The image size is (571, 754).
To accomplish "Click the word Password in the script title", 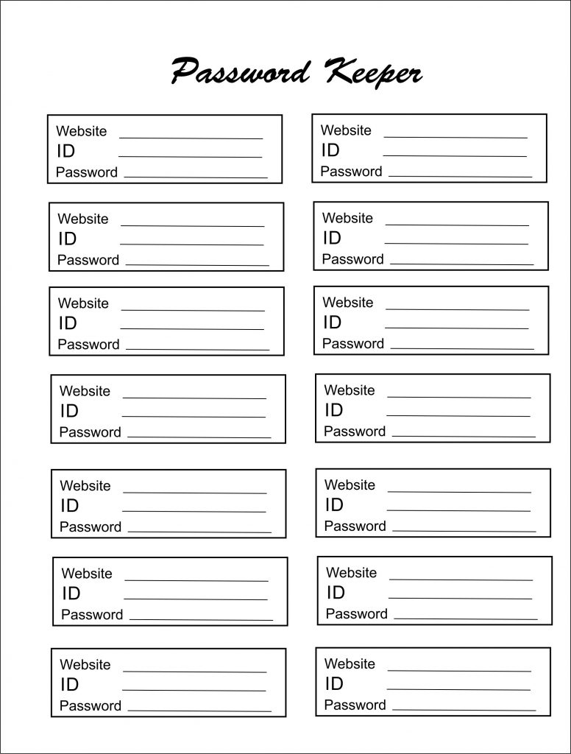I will tap(239, 71).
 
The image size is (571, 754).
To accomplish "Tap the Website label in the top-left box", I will tap(82, 131).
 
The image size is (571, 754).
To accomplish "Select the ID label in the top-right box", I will tap(330, 150).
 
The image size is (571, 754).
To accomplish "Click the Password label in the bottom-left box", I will tap(91, 705).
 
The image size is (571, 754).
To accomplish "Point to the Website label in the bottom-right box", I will tap(350, 663).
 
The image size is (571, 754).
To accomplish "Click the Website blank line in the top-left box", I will tap(191, 138).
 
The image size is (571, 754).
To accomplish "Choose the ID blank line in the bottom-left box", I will tap(194, 690).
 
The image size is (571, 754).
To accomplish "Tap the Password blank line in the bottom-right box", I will tap(464, 711).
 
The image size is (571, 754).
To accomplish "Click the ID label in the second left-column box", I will tap(68, 239).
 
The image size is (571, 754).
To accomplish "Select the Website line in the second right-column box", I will tap(457, 225).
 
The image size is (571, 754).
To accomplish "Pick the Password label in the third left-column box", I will tap(88, 344).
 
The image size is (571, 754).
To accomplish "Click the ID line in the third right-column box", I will tap(457, 328).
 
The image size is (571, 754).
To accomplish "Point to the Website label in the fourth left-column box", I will tap(85, 391).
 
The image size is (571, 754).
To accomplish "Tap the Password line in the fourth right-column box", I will tap(464, 437).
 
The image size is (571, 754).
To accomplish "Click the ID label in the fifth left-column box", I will tap(70, 506).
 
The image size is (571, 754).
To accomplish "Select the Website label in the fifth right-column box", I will tap(350, 485).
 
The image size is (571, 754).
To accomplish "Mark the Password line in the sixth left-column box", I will tap(201, 620).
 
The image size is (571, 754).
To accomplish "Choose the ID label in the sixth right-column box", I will tap(336, 592).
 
